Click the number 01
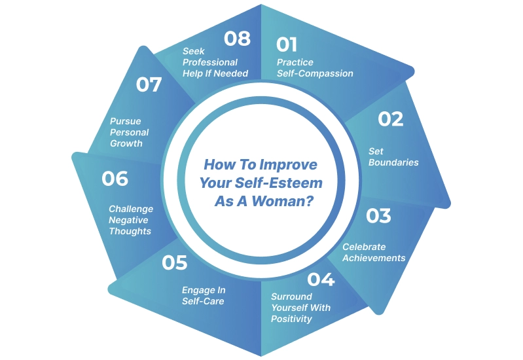(287, 45)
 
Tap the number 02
(391, 119)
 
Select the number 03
(378, 215)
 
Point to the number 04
(321, 279)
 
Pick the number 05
(175, 263)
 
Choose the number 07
(149, 84)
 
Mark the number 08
(237, 39)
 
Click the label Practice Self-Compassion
(315, 68)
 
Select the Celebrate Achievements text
(374, 253)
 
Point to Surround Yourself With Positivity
(300, 308)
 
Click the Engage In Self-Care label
(203, 296)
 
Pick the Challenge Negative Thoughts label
(130, 220)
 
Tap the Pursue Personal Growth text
(129, 132)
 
